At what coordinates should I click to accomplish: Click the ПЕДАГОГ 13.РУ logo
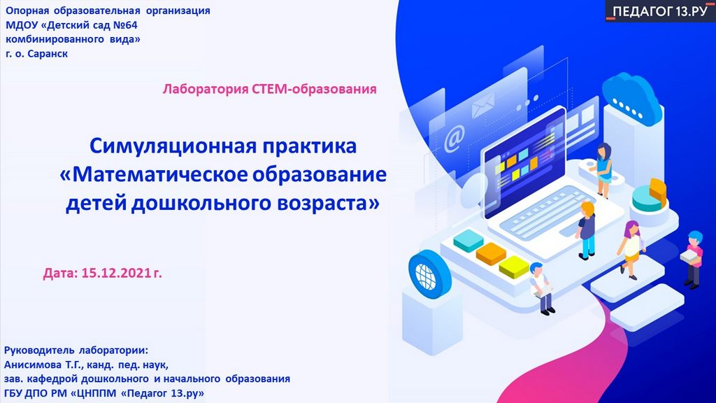pyautogui.click(x=660, y=11)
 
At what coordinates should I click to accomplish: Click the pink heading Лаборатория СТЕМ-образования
pyautogui.click(x=269, y=89)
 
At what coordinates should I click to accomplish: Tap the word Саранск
pyautogui.click(x=48, y=54)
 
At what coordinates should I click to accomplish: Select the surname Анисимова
pyautogui.click(x=33, y=365)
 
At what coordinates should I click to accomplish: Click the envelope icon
pyautogui.click(x=482, y=105)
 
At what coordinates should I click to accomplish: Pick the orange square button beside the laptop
pyautogui.click(x=491, y=253)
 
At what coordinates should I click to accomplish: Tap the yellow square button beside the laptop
pyautogui.click(x=514, y=267)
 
